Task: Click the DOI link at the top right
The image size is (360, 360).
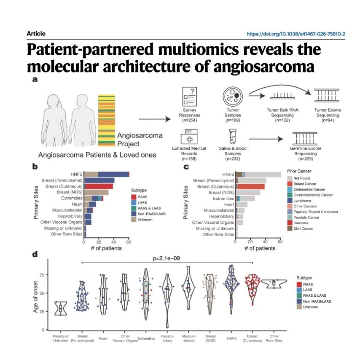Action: (296, 34)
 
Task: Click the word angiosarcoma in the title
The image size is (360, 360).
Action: (264, 67)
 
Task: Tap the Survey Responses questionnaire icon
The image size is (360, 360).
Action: (189, 97)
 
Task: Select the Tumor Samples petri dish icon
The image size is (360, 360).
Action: (233, 97)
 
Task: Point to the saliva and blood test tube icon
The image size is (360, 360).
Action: (233, 137)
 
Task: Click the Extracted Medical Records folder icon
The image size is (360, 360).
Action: (189, 137)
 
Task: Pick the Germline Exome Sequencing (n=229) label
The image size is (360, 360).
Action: (306, 153)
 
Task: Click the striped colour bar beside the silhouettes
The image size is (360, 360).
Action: (107, 120)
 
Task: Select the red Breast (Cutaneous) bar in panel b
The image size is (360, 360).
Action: (99, 186)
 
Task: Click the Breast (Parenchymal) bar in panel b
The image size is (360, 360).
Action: (99, 180)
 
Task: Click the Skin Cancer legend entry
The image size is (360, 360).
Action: (300, 228)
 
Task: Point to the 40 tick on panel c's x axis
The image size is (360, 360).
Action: (265, 242)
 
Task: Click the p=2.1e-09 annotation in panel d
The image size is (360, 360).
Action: (167, 258)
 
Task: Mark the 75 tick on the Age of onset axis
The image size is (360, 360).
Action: (42, 275)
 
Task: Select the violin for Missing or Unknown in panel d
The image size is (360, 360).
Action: (61, 308)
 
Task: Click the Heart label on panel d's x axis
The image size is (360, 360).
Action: (103, 339)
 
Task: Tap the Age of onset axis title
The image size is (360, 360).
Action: (35, 297)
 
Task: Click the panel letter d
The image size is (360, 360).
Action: (35, 254)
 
